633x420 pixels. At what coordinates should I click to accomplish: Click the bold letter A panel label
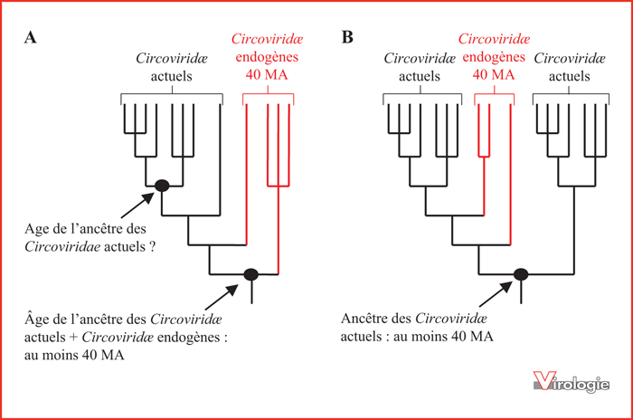point(30,37)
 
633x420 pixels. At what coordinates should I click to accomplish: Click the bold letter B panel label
point(347,37)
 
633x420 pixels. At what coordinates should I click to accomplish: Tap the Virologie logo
point(571,381)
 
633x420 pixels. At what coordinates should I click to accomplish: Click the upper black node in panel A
point(162,186)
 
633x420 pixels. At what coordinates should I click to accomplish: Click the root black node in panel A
point(251,274)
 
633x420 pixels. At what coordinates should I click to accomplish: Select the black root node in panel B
point(521,274)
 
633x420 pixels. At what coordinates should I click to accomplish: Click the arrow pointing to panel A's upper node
point(137,205)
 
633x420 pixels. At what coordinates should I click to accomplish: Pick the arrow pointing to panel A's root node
point(222,297)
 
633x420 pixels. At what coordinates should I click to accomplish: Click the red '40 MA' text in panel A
point(267,75)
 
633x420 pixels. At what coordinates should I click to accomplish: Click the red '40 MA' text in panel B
point(494,75)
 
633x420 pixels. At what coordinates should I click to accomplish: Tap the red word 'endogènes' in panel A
point(267,57)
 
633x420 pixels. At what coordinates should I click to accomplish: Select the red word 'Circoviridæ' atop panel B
point(494,39)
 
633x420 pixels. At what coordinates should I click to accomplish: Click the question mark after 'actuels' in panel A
point(152,246)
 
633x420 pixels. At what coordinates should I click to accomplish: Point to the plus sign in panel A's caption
point(73,338)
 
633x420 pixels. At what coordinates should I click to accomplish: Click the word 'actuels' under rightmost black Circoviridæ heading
point(569,76)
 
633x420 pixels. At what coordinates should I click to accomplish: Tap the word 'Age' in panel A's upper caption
point(35,229)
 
